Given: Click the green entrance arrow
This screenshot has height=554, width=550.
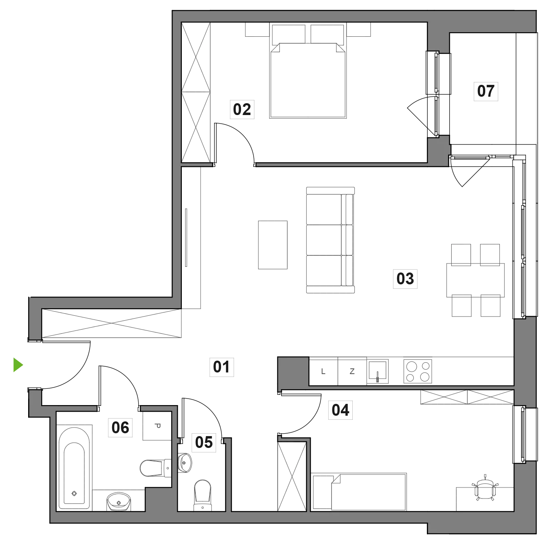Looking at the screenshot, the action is [18, 365].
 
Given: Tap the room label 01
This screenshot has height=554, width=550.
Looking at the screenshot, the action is [221, 367].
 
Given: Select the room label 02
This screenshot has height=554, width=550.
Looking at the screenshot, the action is [242, 109].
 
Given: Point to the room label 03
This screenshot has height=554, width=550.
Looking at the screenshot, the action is [405, 279].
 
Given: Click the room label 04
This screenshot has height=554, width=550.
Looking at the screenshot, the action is [340, 410].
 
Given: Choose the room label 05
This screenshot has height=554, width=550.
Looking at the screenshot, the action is [204, 442].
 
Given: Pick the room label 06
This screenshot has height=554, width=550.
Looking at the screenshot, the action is [120, 428].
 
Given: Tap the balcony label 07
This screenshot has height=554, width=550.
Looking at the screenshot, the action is [486, 91].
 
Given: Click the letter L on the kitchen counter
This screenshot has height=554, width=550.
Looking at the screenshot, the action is [323, 372].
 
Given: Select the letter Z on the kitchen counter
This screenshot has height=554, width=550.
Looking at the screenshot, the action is [352, 372].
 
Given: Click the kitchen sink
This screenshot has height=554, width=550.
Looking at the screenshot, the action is [378, 371].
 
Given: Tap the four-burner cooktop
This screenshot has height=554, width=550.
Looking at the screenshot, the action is [418, 371].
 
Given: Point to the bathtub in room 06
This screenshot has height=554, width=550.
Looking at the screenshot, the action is [74, 468].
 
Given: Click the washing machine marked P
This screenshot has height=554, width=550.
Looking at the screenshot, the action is [157, 426].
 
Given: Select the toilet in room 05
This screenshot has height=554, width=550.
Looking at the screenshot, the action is [203, 495].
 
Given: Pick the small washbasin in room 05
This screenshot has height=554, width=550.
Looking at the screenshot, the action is [184, 463].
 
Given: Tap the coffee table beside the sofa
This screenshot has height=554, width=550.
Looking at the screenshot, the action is [273, 245].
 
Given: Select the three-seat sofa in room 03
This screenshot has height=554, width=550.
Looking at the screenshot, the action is [331, 240].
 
